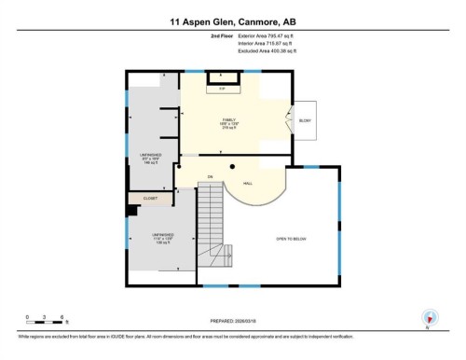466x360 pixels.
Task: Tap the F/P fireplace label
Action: (x=222, y=90)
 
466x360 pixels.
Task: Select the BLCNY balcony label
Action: (x=305, y=121)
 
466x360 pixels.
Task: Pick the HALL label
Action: (x=248, y=183)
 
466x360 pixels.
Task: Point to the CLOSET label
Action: (x=150, y=199)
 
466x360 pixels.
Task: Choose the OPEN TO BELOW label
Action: (x=291, y=240)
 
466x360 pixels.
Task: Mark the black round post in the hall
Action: (x=232, y=166)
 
